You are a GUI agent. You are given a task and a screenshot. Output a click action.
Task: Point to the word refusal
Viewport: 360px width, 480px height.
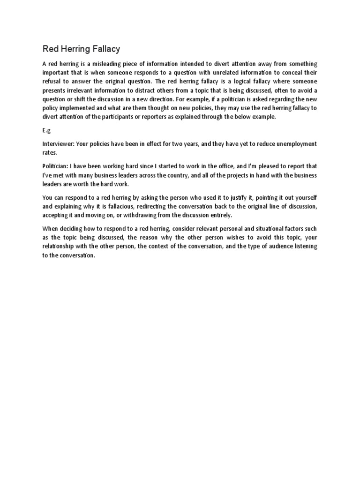[52, 82]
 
